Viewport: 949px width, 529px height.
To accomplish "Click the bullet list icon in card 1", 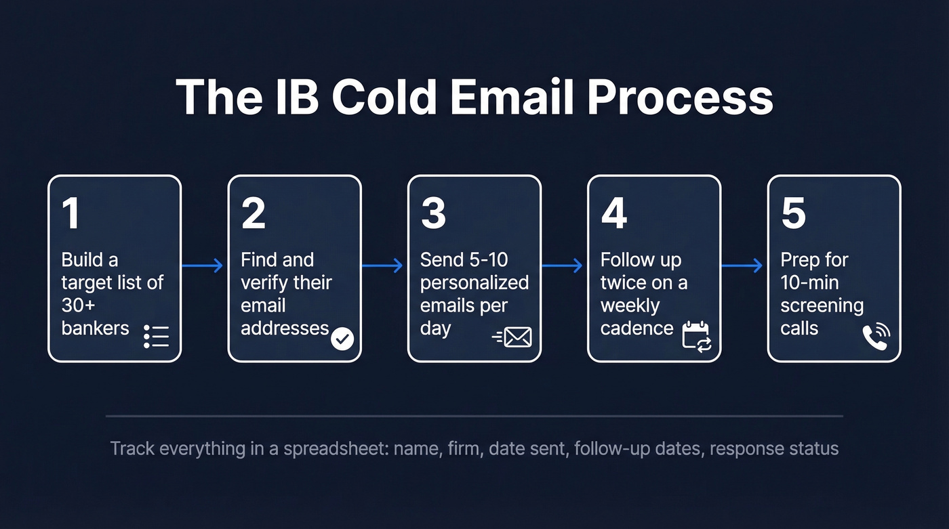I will click(x=156, y=336).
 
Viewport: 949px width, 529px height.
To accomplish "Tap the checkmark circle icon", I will click(x=342, y=338).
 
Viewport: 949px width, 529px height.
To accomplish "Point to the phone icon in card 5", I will click(x=876, y=336).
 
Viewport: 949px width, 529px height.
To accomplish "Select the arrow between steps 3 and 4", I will click(x=563, y=266).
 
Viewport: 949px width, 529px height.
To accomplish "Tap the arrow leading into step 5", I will click(x=744, y=266).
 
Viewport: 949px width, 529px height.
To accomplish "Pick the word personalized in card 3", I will click(x=474, y=282).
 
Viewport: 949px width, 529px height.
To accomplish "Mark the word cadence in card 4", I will click(x=637, y=329).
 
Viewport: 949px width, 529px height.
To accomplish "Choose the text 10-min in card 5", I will click(x=809, y=282).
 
